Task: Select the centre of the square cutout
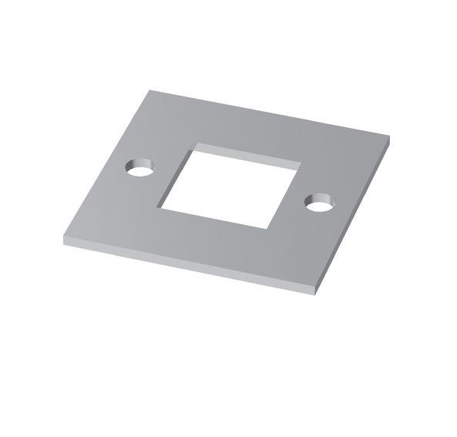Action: (229, 186)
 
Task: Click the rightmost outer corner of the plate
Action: (389, 141)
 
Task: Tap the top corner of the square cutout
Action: (196, 144)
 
